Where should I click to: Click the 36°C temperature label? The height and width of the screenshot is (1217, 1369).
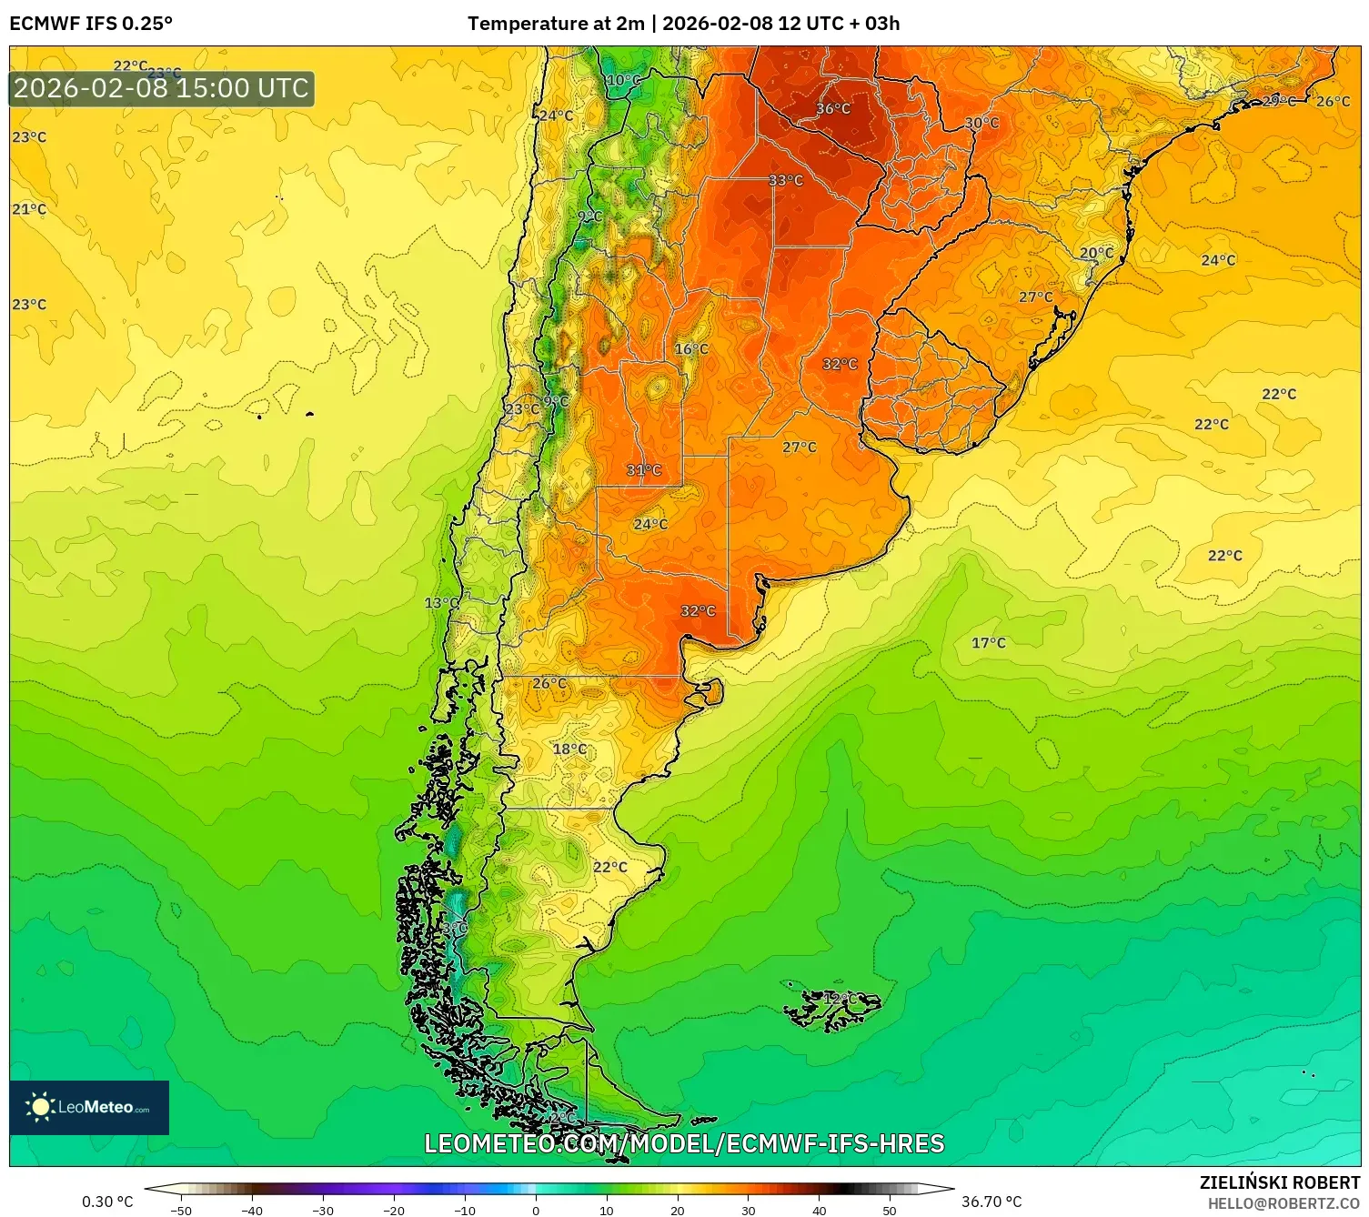coord(833,109)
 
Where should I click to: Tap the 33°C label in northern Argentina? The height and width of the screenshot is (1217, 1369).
coord(786,181)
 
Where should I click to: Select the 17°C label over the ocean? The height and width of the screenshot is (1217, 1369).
coord(989,643)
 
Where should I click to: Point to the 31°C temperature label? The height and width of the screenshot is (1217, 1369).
coord(644,470)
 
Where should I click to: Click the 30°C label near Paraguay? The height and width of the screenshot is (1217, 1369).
coord(981,123)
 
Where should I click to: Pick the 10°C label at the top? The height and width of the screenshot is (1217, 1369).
coord(623,80)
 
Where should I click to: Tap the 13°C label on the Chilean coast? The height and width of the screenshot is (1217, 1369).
coord(442,603)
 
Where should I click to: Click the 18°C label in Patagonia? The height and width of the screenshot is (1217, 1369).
coord(570,749)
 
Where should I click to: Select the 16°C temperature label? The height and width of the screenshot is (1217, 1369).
coord(691,349)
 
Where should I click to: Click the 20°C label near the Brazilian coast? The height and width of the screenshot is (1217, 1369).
coord(1096,254)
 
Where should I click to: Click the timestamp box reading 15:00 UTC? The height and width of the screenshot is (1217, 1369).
coord(162,88)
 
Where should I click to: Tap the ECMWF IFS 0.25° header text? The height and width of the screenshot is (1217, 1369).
coord(91,24)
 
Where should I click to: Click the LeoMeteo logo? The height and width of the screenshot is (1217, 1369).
coord(89,1107)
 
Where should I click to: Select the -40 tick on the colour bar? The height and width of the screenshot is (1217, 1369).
coord(252,1210)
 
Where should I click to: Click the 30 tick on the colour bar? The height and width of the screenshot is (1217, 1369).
coord(748,1210)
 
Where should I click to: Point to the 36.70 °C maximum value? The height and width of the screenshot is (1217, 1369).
coord(992,1202)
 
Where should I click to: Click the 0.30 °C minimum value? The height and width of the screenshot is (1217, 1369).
coord(107,1202)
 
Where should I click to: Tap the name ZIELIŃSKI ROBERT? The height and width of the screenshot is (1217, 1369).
coord(1279,1182)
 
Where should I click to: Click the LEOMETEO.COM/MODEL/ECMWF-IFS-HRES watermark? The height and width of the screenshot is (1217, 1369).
coord(684,1143)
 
